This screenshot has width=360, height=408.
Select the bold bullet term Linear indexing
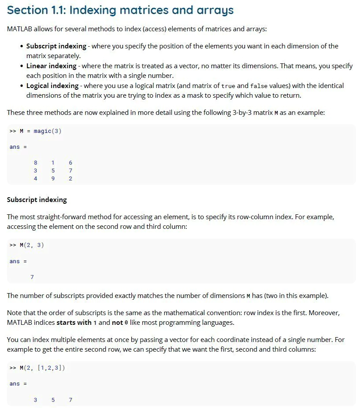[51, 66]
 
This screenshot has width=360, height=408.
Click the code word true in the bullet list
[228, 86]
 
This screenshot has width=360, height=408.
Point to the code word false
[259, 86]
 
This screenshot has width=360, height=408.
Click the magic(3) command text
[48, 131]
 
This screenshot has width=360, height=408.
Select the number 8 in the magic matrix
[36, 162]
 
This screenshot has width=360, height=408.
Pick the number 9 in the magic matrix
[53, 178]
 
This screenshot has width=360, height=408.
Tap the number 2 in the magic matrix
[71, 178]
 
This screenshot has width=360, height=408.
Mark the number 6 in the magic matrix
[71, 162]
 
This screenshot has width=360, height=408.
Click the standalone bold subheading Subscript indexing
[37, 200]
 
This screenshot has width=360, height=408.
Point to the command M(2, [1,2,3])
[42, 368]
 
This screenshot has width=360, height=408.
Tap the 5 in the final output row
[53, 400]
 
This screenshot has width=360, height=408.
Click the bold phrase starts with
[74, 323]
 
